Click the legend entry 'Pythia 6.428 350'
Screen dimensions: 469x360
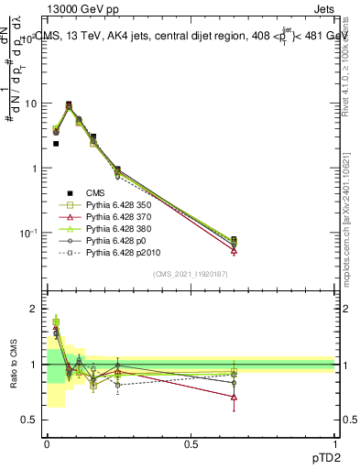(120, 207)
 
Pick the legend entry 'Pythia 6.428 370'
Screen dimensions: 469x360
(120, 221)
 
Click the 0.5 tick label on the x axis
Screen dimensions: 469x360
(190, 443)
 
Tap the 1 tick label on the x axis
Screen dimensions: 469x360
(334, 443)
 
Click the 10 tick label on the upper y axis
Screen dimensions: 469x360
(31, 104)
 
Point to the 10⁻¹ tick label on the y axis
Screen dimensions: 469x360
(29, 234)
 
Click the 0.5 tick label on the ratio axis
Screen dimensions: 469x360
(31, 420)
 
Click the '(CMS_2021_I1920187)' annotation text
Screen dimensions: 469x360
(190, 274)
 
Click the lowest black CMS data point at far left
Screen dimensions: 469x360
(56, 144)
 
